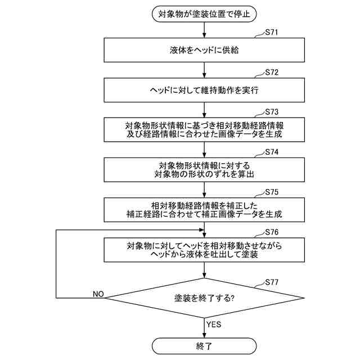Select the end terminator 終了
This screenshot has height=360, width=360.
click(x=204, y=345)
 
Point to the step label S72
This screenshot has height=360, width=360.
click(x=272, y=73)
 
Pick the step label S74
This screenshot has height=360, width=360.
click(x=272, y=152)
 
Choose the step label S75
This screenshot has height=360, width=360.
click(x=272, y=192)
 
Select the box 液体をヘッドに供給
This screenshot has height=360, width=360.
click(x=204, y=50)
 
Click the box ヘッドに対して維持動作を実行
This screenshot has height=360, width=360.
click(x=204, y=89)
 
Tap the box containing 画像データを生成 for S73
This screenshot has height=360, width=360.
click(x=204, y=129)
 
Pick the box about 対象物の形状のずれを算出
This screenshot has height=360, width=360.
click(x=204, y=169)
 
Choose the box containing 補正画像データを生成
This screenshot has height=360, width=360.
click(x=204, y=209)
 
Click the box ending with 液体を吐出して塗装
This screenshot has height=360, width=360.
click(x=204, y=249)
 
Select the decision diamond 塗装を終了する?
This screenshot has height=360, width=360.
click(x=204, y=298)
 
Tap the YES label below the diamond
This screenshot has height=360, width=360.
click(x=214, y=325)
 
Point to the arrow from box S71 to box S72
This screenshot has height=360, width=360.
click(x=204, y=70)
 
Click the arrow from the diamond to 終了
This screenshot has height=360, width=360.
click(x=204, y=327)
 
